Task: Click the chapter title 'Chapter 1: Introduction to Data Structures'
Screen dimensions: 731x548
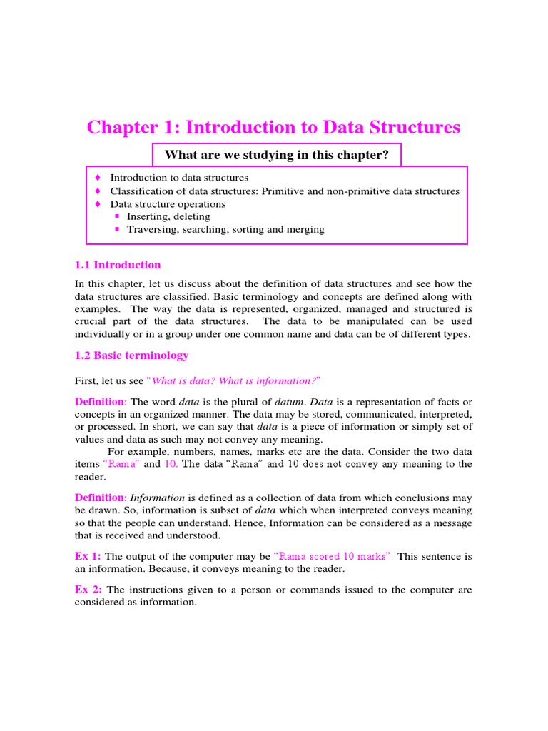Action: coord(273,128)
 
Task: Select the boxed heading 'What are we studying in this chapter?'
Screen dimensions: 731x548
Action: coord(277,155)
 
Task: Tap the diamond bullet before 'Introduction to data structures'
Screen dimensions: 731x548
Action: coord(98,178)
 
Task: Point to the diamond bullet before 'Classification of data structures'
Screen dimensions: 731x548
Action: coord(98,191)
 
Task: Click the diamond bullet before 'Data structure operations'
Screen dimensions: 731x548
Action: coord(98,204)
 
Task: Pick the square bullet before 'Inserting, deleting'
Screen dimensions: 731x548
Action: coord(118,216)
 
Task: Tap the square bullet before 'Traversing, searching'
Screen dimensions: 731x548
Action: coord(118,229)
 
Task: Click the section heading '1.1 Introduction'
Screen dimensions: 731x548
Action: coord(118,265)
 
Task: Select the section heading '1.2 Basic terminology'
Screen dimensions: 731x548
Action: coord(131,356)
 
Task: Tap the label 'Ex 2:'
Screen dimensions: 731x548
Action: coord(88,590)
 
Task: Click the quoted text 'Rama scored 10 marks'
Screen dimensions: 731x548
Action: coord(334,556)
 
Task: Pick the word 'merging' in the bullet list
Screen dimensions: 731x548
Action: coord(306,229)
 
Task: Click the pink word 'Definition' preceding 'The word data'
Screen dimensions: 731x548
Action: coord(99,403)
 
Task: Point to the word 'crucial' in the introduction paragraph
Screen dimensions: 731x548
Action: coord(91,321)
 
